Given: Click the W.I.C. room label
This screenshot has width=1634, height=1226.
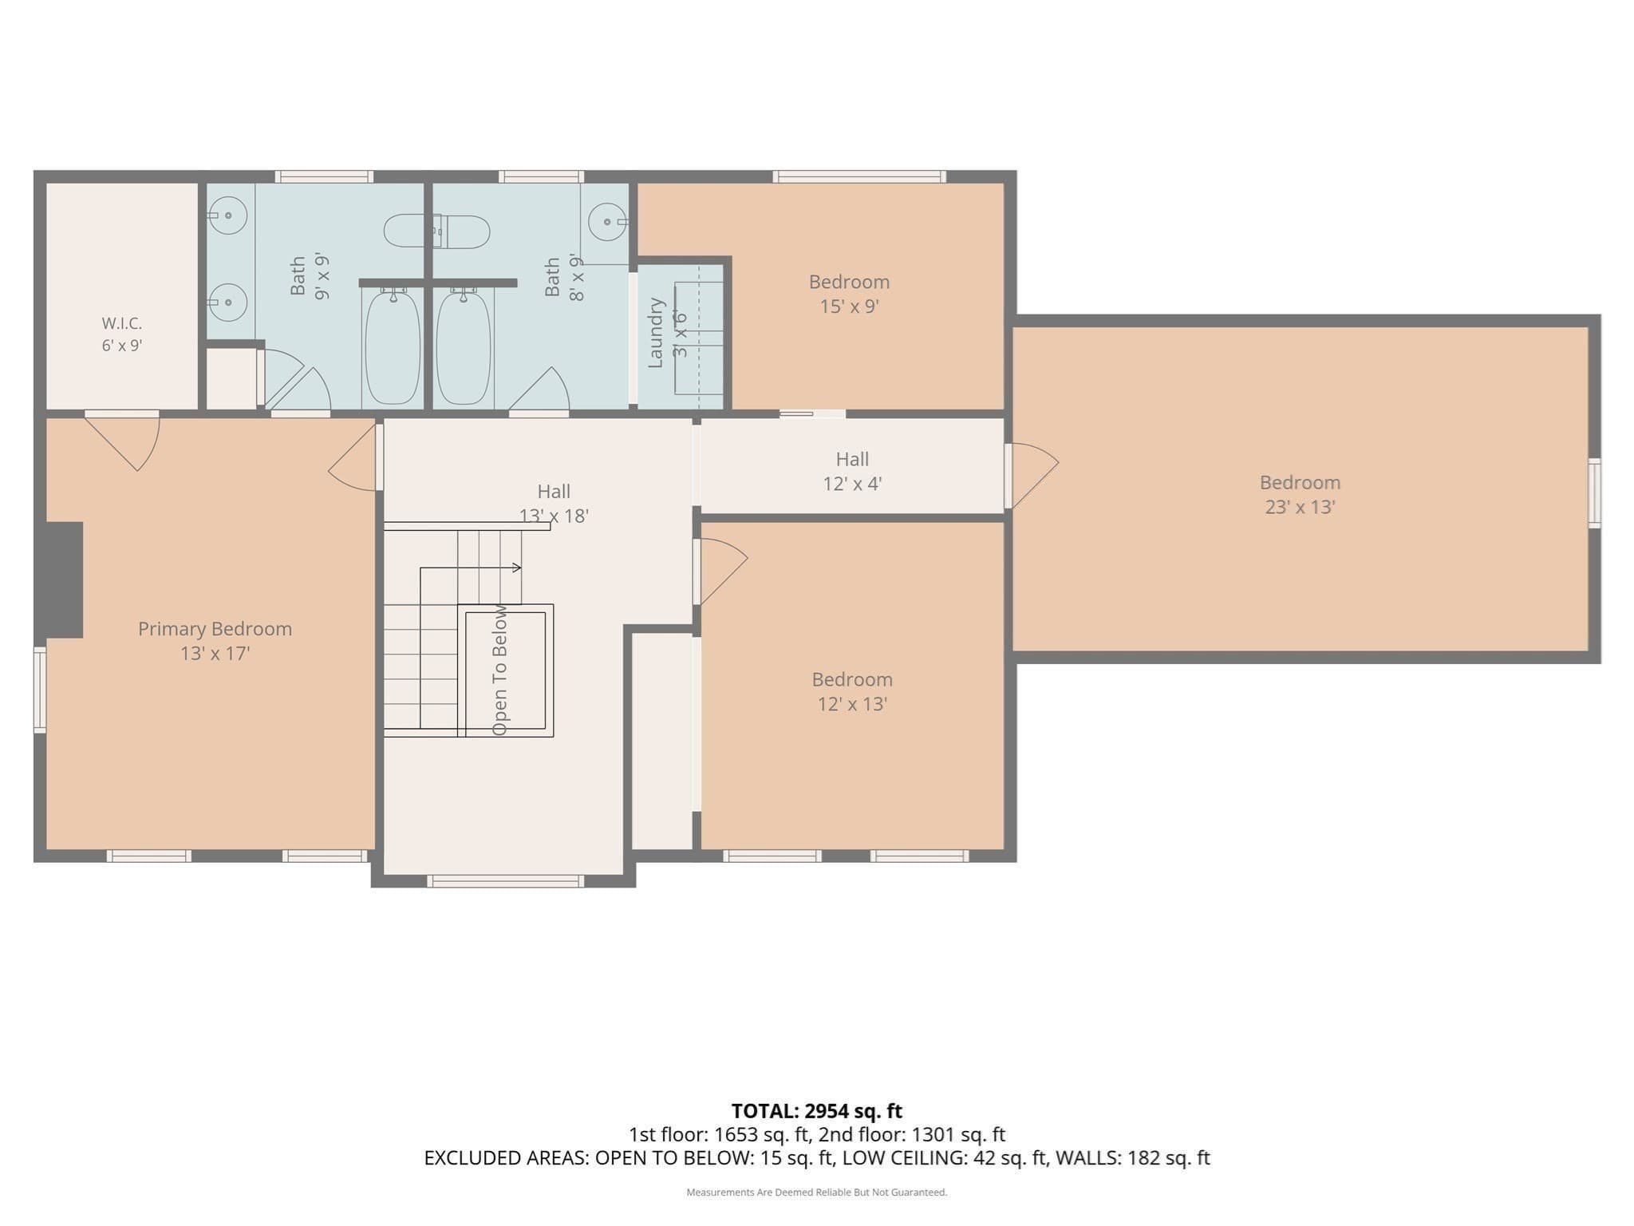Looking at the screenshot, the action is [122, 323].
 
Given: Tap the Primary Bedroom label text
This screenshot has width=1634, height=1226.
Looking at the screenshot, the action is [215, 629].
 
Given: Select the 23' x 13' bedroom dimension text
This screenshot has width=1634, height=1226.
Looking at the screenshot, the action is [1300, 507].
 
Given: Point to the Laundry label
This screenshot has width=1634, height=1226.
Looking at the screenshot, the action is [656, 333].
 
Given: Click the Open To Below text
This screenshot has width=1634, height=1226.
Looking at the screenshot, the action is [499, 670].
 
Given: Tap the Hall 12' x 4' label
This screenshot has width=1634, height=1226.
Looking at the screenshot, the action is [852, 471].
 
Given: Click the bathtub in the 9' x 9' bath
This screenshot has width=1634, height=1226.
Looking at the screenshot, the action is [392, 347].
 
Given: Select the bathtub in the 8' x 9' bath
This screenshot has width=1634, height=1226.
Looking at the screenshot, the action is [464, 347].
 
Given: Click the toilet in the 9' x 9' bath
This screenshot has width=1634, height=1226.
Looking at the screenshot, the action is [436, 231].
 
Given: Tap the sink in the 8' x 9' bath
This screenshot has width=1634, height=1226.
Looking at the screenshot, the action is [609, 221].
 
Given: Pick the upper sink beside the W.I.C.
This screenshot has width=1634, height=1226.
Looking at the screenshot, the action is [227, 216].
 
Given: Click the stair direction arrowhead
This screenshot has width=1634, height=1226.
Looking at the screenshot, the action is [517, 568].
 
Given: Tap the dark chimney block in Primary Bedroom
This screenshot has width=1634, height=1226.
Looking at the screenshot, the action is [64, 580].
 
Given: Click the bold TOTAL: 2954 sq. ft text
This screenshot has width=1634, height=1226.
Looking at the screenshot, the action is [817, 1110].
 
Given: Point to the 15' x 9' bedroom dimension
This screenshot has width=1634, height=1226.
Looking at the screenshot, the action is [849, 306].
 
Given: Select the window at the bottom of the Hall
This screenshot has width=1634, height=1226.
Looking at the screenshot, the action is [505, 881].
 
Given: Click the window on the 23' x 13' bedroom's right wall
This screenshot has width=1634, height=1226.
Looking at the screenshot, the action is [1594, 492].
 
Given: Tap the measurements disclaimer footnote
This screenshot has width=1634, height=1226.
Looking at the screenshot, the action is [817, 1192].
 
